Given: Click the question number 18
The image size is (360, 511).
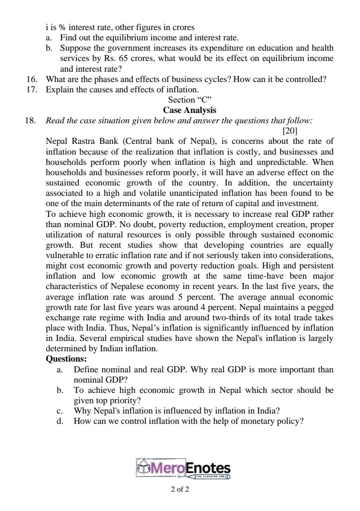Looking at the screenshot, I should click(x=31, y=121).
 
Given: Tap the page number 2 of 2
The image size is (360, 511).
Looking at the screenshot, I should click(x=180, y=489).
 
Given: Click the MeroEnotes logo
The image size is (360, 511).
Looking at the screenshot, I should click(x=183, y=469).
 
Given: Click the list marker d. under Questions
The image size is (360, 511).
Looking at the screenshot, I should click(x=60, y=421).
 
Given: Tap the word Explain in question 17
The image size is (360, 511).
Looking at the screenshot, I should click(x=60, y=90).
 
